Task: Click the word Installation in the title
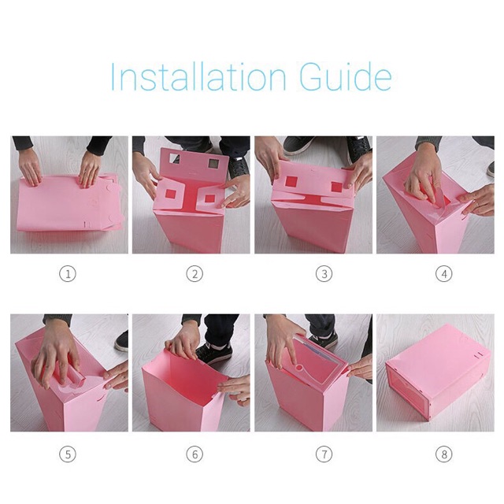tap(198, 77)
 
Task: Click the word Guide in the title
tap(346, 76)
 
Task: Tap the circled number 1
tap(68, 274)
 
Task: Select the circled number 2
tap(195, 274)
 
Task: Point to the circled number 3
tap(324, 274)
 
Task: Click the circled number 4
tap(444, 274)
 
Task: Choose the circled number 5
tap(68, 454)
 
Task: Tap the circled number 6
tap(195, 454)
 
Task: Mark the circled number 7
tap(324, 454)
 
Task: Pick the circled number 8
tap(444, 454)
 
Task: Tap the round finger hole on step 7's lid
tap(299, 367)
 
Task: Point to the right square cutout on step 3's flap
tap(336, 187)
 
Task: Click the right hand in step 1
tap(89, 170)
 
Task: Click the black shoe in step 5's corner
tap(121, 341)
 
